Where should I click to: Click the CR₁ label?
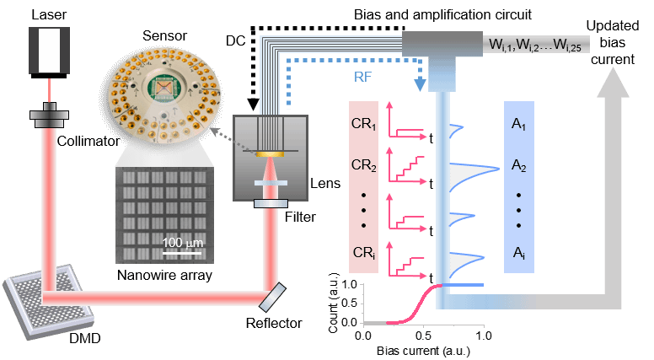tap(364, 128)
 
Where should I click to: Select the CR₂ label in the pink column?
tap(364, 165)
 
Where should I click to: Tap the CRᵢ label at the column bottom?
tap(363, 252)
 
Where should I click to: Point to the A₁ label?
tap(518, 126)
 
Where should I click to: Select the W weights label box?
tap(537, 43)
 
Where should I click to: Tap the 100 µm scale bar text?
tap(182, 243)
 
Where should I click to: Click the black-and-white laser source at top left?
tap(48, 50)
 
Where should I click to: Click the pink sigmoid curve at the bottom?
tap(413, 308)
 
